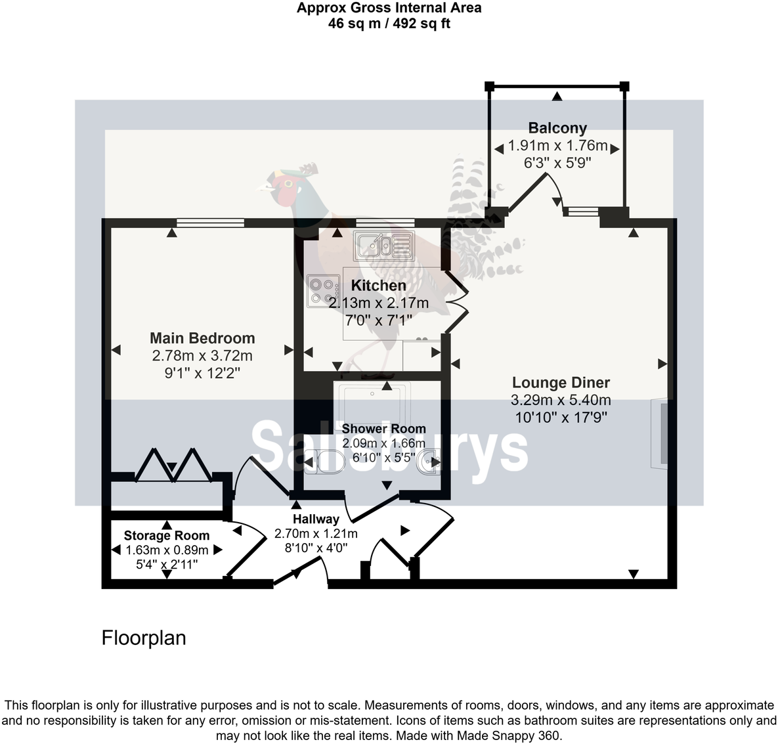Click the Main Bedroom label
pos(202,338)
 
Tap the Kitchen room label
pos(378,286)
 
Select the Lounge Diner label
pos(561,382)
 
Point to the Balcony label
pos(557,128)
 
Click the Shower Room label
pos(383,429)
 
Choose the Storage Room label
pos(167,535)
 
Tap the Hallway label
pos(316,519)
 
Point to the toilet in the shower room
pos(324,462)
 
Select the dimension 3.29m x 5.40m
pos(561,400)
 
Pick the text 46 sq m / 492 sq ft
pos(389,24)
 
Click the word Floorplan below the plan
pos(144,638)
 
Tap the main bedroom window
pos(210,223)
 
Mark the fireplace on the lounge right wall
pos(660,433)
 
